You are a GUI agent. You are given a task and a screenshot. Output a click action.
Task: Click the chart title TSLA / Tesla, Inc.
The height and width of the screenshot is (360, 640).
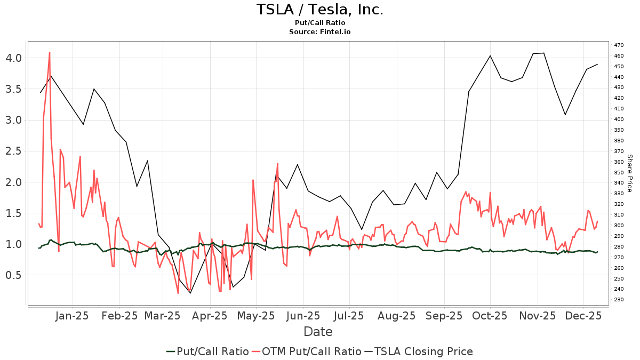pos(320,10)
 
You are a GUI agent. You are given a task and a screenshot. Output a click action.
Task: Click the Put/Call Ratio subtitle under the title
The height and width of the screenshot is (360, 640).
pos(320,23)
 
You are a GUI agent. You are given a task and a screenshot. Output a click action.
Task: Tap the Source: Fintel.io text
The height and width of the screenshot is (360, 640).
pos(320,32)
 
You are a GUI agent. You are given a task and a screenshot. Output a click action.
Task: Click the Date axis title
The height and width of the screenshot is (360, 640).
pos(318,332)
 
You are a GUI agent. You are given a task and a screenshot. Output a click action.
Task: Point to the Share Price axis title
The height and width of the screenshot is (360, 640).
pos(629,173)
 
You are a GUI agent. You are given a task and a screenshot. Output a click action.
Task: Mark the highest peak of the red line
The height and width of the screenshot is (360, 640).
pos(50,52)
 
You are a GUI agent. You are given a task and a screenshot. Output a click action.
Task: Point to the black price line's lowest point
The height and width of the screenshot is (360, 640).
pos(190,293)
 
